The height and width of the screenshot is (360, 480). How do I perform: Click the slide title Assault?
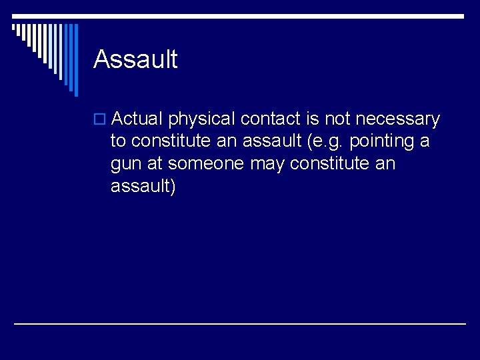[x=135, y=59]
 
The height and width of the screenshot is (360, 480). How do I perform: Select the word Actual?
[x=137, y=119]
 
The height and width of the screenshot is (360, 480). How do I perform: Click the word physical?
[x=201, y=120]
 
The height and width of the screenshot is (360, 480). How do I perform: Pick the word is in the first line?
[x=313, y=119]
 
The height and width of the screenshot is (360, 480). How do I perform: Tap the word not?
[x=338, y=119]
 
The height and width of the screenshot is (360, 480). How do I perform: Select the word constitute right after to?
[x=171, y=142]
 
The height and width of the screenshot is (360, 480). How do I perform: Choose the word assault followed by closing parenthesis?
[x=143, y=187]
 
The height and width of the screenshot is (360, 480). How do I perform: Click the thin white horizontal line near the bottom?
[x=240, y=324]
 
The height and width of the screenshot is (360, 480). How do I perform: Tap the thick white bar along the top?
[x=240, y=15]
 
